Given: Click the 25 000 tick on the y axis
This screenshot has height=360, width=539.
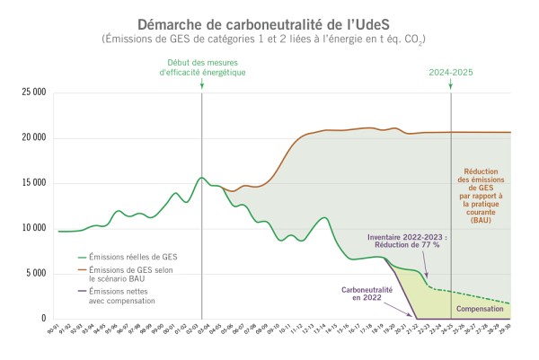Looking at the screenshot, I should coord(32,92).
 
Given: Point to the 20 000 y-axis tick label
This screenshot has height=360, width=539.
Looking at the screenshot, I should coord(32,137).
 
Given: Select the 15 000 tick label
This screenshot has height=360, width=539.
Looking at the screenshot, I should coord(32,183).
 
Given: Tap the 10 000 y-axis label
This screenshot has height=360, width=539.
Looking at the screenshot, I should coord(32,228).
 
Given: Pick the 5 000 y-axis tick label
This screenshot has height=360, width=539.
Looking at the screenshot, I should coord(35,274).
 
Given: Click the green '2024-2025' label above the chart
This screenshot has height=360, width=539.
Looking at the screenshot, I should coord(450,71).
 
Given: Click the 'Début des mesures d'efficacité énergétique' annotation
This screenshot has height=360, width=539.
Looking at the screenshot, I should coord(202,66).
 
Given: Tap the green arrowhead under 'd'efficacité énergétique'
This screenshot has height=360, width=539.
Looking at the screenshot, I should coord(202,85).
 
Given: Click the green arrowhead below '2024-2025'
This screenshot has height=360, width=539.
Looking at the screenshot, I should coord(450,85).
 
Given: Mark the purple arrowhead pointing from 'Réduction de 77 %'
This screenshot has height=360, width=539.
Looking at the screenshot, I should coord(427,276).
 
